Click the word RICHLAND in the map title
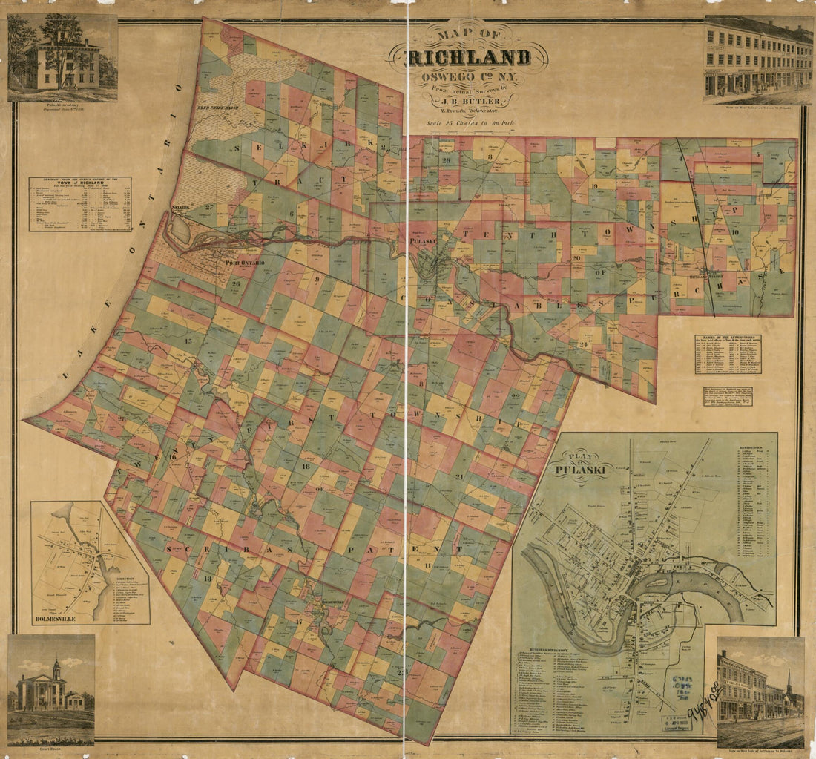coord(469,58)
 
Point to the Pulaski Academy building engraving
coord(62,63)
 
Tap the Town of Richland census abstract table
coord(80,204)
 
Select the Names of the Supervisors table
coord(728,354)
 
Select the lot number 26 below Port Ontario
coord(236,283)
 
